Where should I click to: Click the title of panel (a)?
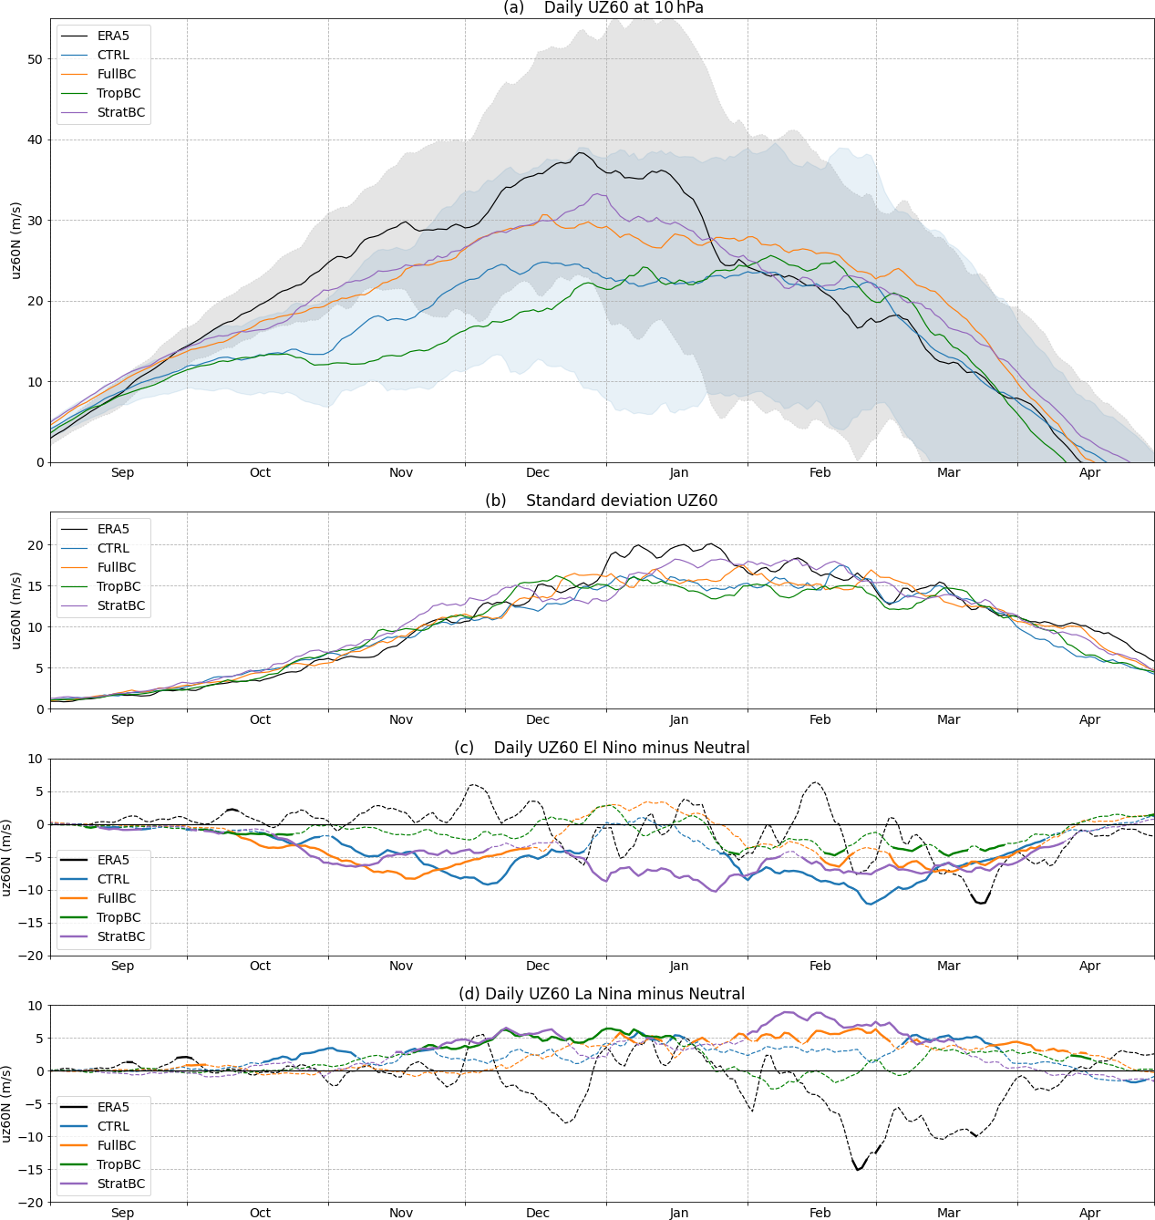point(603,8)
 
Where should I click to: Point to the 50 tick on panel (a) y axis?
point(35,59)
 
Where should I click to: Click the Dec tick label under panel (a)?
point(538,472)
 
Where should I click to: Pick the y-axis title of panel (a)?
point(15,241)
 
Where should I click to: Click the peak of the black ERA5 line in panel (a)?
point(581,152)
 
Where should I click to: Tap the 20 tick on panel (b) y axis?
point(35,545)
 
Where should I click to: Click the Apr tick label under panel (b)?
point(1090,719)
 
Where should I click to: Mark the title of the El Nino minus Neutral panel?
point(603,748)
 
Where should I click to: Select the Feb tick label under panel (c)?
point(820,966)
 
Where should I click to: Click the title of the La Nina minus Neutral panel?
point(603,994)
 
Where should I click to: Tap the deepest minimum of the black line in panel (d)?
point(859,1170)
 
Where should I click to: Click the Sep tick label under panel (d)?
point(123,1213)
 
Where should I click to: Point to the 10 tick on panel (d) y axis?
point(35,1006)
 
